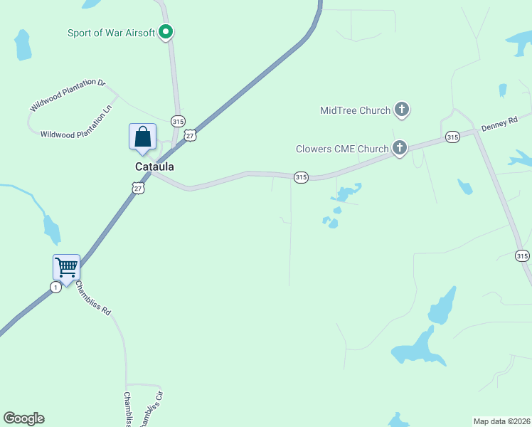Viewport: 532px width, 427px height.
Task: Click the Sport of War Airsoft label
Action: [111, 33]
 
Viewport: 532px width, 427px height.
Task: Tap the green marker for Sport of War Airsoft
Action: [166, 31]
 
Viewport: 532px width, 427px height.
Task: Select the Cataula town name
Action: [154, 167]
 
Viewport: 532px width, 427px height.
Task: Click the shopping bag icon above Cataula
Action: [142, 136]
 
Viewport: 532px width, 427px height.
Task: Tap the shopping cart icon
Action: [66, 268]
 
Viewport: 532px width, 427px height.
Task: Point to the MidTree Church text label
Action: [355, 110]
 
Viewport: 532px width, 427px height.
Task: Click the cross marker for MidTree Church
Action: [402, 110]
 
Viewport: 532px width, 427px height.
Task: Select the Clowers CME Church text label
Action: [342, 149]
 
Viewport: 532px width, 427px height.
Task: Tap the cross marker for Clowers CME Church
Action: [400, 148]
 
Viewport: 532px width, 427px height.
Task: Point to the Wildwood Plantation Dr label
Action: [68, 95]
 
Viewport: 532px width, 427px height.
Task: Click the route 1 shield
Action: [55, 287]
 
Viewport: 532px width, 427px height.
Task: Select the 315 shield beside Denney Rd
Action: [452, 136]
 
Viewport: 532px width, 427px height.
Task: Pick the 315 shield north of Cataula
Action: [178, 120]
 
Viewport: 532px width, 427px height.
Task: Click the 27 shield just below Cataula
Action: [138, 186]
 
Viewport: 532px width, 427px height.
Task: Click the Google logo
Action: [23, 418]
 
